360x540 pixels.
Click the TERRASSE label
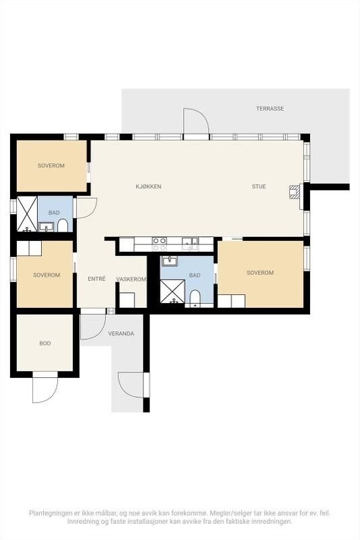tap(269, 108)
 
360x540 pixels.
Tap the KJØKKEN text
tap(149, 186)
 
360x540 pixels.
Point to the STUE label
tap(259, 186)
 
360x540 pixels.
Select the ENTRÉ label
tap(96, 278)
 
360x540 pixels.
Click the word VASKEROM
tap(131, 279)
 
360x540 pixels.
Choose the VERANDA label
tap(121, 333)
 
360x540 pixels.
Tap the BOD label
tap(45, 343)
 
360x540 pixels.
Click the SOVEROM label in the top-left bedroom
tap(51, 165)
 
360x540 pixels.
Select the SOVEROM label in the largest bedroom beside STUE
tap(260, 273)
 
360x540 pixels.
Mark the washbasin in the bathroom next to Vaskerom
tap(169, 261)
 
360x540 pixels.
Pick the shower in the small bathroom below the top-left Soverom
tap(27, 213)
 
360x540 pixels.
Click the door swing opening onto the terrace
tap(195, 123)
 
